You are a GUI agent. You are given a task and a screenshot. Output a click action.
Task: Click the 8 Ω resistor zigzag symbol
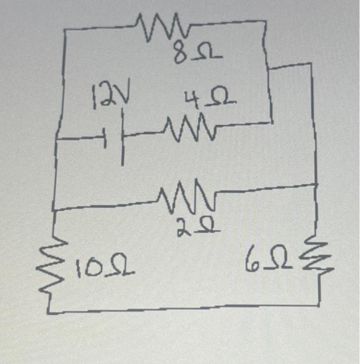(163, 27)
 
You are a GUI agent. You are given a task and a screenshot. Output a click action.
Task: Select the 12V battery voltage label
(111, 98)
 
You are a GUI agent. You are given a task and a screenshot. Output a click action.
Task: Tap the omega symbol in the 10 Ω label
(118, 269)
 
